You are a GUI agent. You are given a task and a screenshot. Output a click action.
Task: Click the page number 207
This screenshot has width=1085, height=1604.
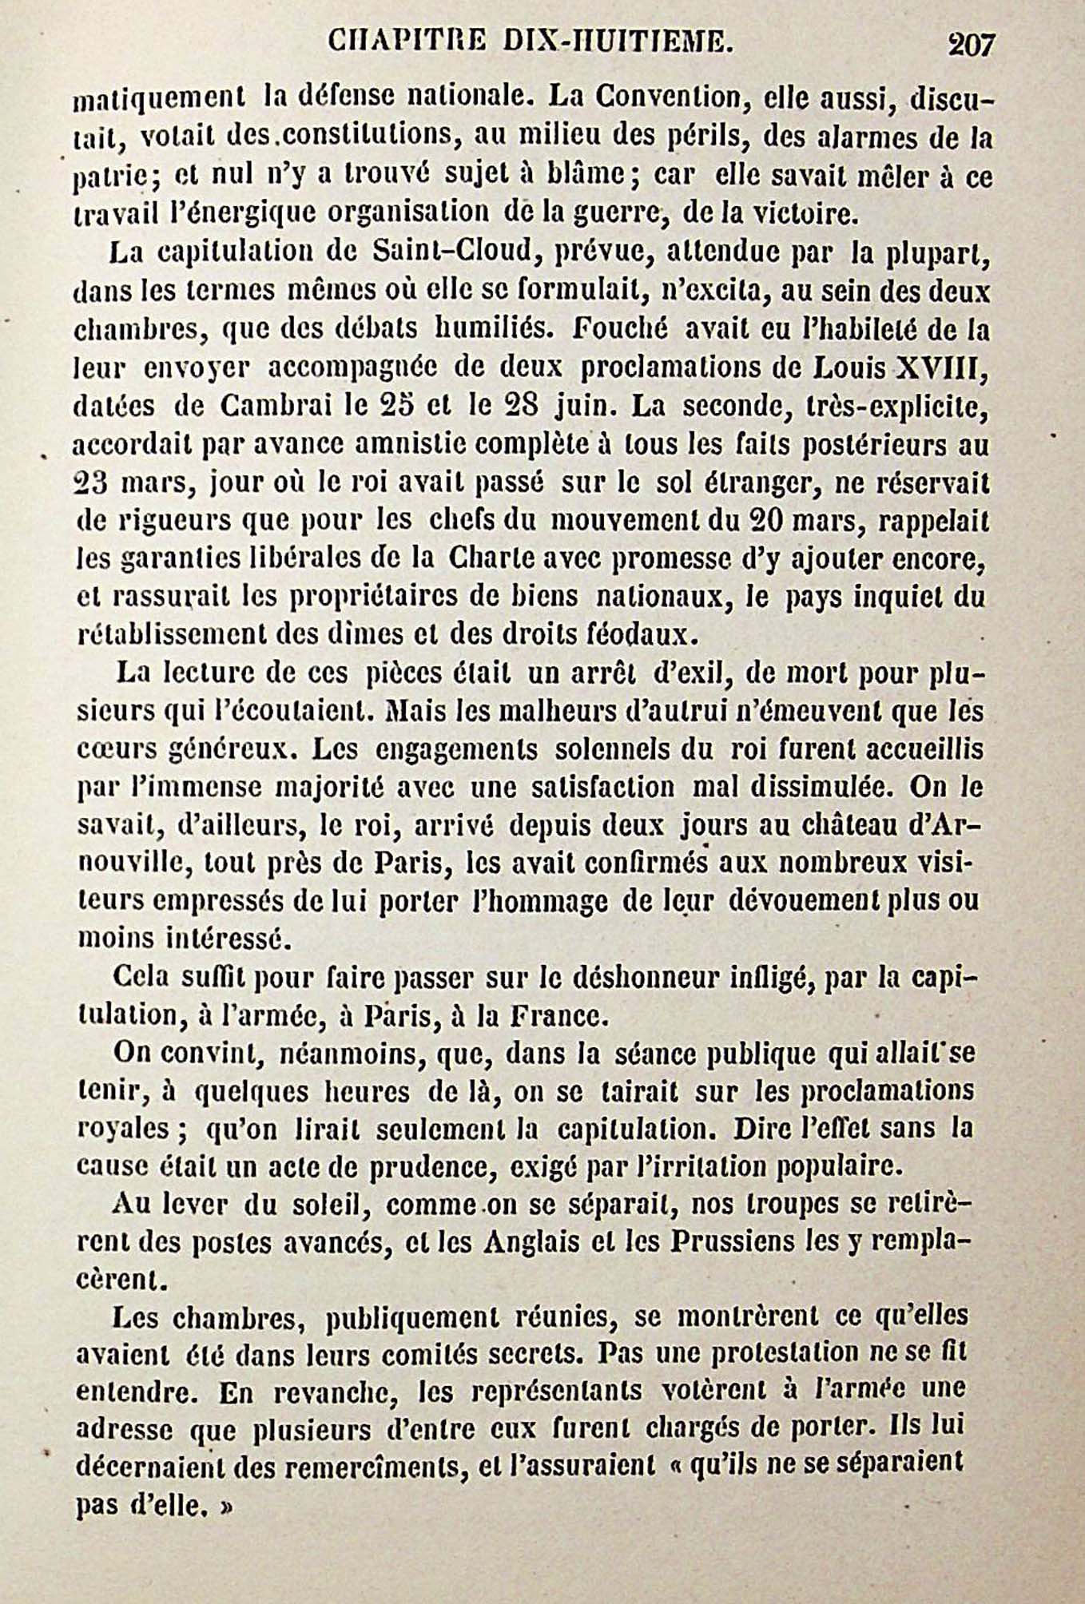tap(971, 44)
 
